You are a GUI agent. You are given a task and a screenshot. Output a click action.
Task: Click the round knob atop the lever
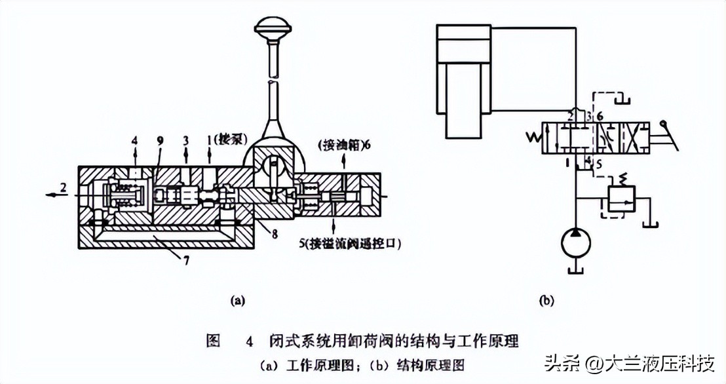click(273, 29)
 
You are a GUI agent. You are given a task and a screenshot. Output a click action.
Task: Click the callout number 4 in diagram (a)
click(134, 140)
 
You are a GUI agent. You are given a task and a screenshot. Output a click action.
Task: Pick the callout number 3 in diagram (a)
click(187, 140)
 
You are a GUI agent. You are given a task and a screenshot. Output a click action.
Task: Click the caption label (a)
click(237, 301)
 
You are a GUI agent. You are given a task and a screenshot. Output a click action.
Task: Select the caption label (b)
click(546, 301)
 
